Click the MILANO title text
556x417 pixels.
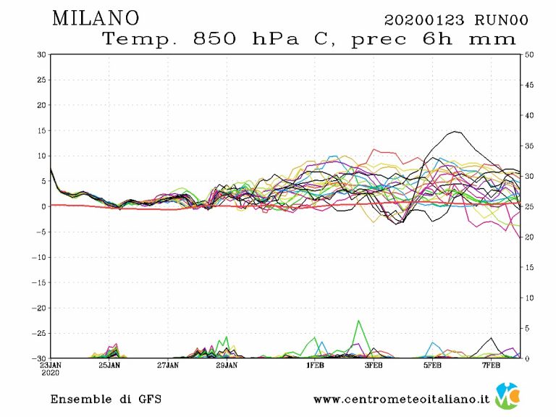[96, 17]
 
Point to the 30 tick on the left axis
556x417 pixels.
[42, 54]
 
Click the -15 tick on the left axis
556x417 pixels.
[40, 282]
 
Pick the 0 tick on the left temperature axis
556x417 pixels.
[44, 206]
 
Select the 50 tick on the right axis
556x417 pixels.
[528, 54]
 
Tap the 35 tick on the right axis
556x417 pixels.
[528, 146]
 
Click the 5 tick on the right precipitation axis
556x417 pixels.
[527, 328]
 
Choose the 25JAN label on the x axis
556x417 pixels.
[109, 366]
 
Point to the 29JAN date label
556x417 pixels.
[227, 366]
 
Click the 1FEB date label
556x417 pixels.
[315, 366]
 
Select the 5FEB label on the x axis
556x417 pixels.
[432, 366]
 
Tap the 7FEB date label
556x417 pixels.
[492, 366]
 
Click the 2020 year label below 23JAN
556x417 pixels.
[51, 374]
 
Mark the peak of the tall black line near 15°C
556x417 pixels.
[455, 132]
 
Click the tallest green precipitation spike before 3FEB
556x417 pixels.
[358, 321]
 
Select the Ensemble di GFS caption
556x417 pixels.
[106, 399]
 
